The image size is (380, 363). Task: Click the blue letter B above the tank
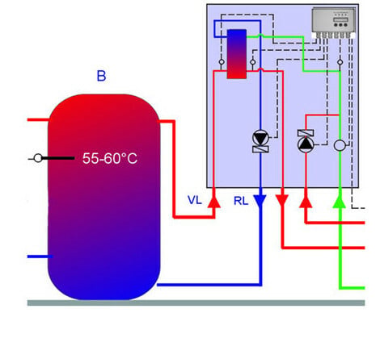101,76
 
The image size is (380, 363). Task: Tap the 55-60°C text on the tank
110,158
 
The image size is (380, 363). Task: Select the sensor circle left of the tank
38,158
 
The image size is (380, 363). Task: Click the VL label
195,200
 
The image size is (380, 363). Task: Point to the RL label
241,201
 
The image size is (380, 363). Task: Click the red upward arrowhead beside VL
214,201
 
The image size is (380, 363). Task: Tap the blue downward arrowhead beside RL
260,201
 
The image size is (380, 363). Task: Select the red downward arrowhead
282,201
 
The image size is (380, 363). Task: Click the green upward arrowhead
340,201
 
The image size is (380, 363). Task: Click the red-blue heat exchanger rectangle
237,54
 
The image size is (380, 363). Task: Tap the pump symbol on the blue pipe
260,138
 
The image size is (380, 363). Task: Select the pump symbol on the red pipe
306,144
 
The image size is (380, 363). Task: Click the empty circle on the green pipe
340,145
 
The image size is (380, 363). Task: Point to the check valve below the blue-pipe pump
260,149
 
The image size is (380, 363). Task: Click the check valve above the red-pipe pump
306,133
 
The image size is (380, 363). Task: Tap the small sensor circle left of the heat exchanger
222,62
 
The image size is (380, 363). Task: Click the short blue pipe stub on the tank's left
40,257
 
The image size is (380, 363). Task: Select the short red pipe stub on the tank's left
38,119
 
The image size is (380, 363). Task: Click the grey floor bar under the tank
196,303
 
